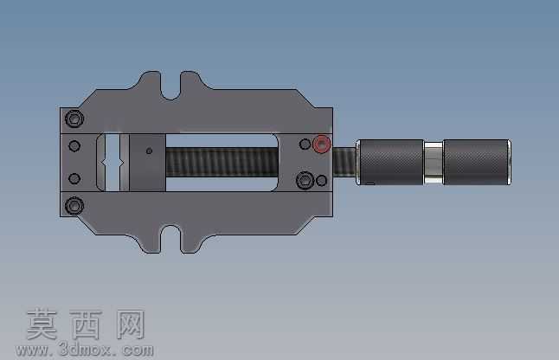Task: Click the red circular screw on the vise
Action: (x=322, y=145)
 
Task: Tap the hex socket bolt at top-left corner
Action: (x=74, y=119)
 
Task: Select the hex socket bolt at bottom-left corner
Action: (x=74, y=206)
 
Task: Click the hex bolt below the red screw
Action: (x=305, y=180)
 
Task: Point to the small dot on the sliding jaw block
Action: (x=149, y=151)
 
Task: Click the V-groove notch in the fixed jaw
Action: (x=112, y=163)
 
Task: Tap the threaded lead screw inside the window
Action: (x=222, y=162)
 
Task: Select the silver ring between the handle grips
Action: (x=434, y=162)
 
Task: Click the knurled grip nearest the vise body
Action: (x=391, y=162)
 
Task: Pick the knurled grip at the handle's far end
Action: (x=477, y=162)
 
